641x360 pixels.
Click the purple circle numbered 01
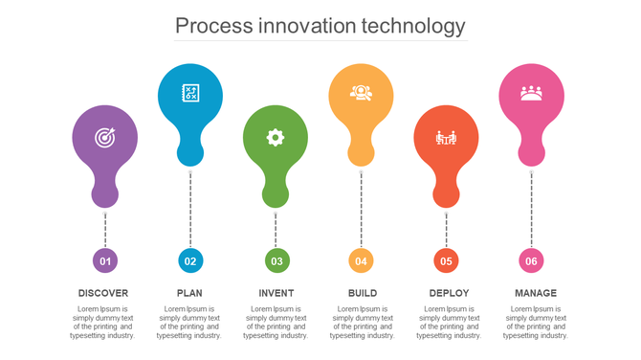[105, 260]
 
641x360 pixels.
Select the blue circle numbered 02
[190, 260]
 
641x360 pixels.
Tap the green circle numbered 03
[276, 260]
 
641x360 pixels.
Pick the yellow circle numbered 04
[361, 260]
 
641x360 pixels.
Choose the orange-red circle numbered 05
[446, 260]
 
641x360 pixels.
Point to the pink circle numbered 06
[532, 260]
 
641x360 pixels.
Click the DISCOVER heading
[103, 293]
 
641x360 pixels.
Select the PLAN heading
[189, 293]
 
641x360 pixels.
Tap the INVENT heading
[276, 293]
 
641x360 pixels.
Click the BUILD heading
[363, 293]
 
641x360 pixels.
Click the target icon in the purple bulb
[104, 138]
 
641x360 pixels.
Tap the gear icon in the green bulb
[276, 137]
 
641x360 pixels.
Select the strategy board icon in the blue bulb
[190, 93]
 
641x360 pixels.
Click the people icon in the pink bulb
[531, 93]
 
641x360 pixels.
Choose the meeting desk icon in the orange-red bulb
[446, 138]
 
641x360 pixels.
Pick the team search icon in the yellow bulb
[361, 93]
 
